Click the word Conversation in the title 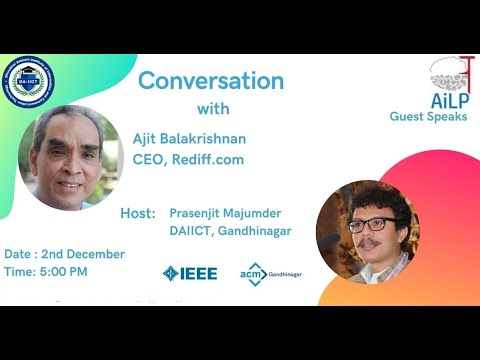tap(211, 80)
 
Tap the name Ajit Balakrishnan tap(189, 138)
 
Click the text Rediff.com tap(207, 159)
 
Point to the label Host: tap(138, 213)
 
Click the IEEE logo tap(189, 273)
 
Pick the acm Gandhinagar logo tap(270, 273)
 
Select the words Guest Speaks tap(428, 117)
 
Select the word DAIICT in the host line tap(190, 231)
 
